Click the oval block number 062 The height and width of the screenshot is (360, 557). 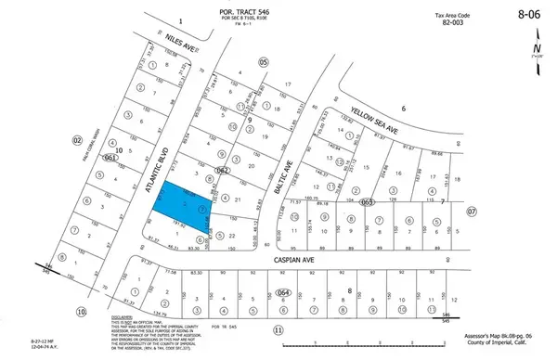tap(223, 171)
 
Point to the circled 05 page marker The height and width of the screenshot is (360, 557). tap(263, 61)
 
